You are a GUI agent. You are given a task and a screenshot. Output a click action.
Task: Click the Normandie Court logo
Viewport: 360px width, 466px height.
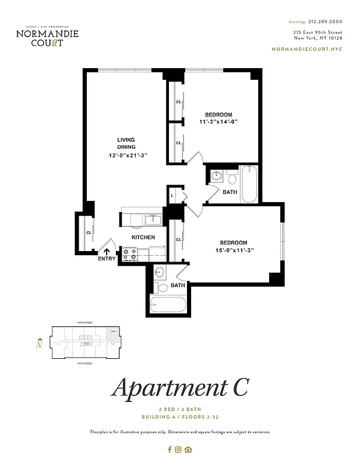(47, 36)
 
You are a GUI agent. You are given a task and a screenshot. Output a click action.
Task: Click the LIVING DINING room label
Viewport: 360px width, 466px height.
(126, 143)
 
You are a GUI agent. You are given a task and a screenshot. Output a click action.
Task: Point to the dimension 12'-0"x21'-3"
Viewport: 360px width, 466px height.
(128, 156)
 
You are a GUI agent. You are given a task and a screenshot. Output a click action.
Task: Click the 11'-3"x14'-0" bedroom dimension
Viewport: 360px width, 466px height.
(218, 122)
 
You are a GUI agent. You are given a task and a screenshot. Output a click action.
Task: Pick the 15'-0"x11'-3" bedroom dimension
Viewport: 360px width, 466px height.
(233, 250)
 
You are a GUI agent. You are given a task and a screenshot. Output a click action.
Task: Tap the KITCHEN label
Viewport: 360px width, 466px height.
(143, 237)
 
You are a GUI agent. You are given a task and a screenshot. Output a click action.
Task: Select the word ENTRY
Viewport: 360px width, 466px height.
(107, 259)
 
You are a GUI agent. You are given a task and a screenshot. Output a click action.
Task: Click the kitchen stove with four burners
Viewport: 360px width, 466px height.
(129, 255)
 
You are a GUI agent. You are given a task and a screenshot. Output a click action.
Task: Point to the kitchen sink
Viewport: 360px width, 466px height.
(153, 220)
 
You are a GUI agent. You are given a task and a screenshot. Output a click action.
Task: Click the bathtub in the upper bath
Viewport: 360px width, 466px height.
(249, 184)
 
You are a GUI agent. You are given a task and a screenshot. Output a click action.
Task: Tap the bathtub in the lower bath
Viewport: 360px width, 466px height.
(168, 305)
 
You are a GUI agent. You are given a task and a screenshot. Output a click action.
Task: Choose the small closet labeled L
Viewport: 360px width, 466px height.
(173, 196)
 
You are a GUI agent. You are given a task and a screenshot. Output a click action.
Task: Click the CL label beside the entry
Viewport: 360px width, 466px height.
(89, 232)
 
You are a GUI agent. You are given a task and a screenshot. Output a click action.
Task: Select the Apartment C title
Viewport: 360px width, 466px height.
(180, 386)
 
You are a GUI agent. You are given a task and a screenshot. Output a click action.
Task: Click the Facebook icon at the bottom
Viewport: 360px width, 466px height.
(170, 449)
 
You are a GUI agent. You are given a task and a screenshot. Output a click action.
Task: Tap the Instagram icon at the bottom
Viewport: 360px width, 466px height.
(179, 449)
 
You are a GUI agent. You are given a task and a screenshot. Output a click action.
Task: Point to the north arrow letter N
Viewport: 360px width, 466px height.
(39, 344)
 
